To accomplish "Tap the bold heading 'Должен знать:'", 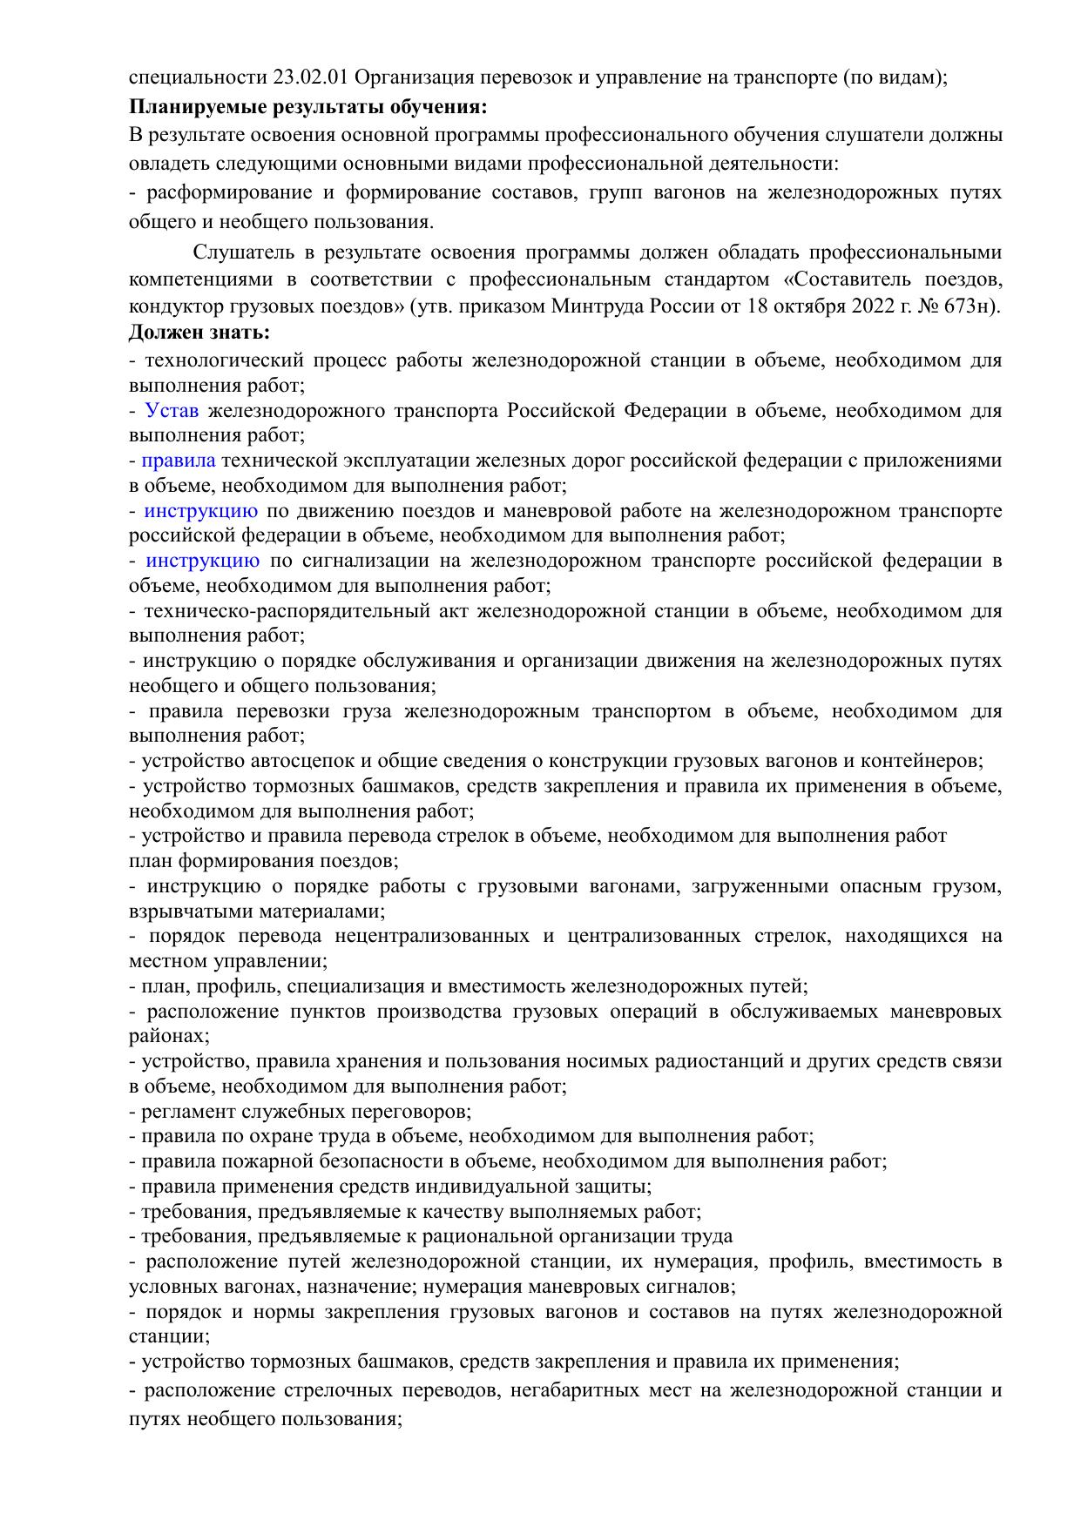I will (x=199, y=333).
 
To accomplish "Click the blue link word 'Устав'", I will (x=172, y=410).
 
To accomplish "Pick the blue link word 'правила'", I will (x=179, y=461).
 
